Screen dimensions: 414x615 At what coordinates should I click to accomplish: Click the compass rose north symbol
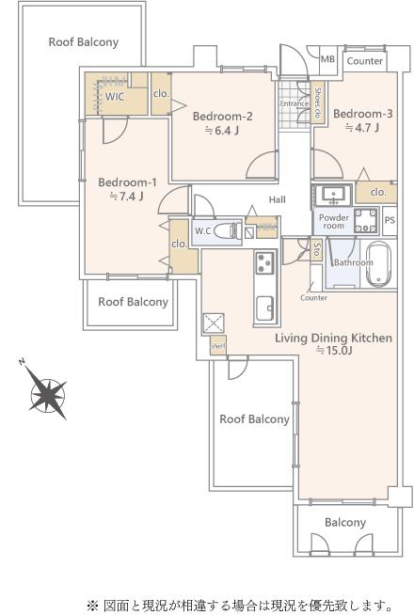click(48, 394)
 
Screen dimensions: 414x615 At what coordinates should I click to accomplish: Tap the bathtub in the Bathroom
click(378, 262)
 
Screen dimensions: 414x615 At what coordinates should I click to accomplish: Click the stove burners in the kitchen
click(265, 262)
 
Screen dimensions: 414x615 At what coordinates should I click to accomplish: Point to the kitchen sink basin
click(265, 308)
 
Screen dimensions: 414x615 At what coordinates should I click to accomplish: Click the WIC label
click(114, 97)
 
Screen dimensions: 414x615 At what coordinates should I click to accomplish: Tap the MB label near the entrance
click(327, 59)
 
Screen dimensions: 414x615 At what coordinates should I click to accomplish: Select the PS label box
click(390, 220)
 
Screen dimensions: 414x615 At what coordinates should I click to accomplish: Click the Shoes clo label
click(317, 102)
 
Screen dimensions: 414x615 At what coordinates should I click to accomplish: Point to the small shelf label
click(217, 346)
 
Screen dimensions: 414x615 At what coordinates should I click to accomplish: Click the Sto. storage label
click(316, 249)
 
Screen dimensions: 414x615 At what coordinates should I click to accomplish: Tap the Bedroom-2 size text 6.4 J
click(222, 130)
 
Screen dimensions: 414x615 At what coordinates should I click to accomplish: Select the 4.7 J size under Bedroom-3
click(362, 128)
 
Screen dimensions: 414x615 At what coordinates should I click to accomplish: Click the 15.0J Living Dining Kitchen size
click(334, 350)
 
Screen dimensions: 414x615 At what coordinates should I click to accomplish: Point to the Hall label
click(277, 199)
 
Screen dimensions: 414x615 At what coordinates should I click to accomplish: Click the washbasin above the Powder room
click(334, 195)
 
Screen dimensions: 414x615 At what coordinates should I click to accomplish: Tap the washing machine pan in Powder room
click(366, 221)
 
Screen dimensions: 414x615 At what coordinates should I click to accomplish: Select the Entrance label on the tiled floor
click(294, 103)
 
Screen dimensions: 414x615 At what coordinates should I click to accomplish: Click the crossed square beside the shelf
click(213, 323)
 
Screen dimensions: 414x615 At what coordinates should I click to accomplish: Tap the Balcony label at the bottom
click(345, 523)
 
